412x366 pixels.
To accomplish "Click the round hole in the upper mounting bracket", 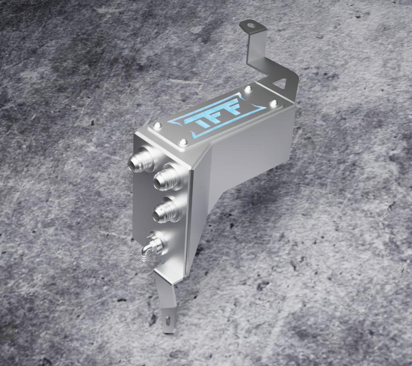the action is click(x=253, y=26).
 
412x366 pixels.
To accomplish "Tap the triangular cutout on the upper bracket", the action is click(x=281, y=82).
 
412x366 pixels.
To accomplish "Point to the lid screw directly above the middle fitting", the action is click(x=182, y=143).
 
